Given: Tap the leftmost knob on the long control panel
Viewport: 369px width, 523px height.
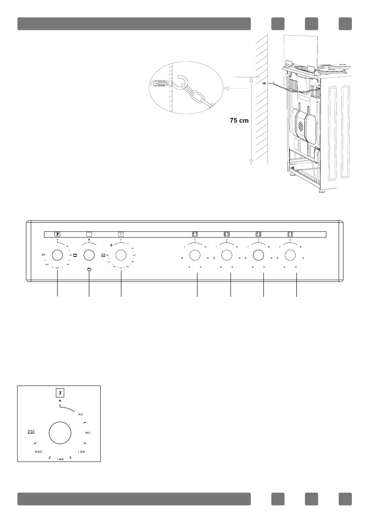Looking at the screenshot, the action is [57, 255].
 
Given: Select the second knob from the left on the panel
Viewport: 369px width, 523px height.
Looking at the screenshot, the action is [89, 255].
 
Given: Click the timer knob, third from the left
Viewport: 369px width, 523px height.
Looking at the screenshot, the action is [121, 255].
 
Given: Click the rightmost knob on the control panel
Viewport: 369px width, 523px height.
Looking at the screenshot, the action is [290, 255].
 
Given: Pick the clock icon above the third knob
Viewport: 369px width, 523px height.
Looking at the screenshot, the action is [121, 234].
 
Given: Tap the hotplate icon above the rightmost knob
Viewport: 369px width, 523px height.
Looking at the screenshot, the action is [290, 234].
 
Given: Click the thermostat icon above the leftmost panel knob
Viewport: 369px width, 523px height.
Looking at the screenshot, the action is [58, 234].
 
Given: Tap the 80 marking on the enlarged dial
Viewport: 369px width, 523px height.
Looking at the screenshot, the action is [88, 433].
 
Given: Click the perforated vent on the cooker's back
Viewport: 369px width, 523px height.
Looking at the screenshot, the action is [301, 126].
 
